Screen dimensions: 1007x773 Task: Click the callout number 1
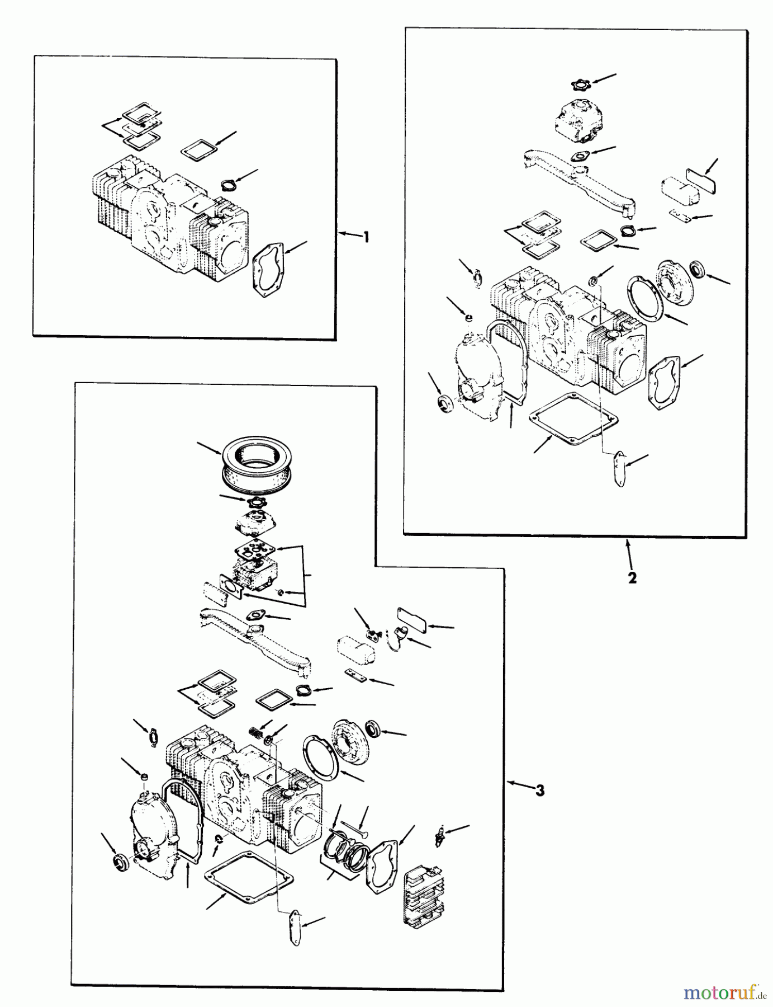pyautogui.click(x=366, y=237)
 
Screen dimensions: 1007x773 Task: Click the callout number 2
pyautogui.click(x=632, y=578)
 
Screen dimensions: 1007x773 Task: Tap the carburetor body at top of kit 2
pyautogui.click(x=577, y=119)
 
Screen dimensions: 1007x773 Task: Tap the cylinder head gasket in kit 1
pyautogui.click(x=268, y=270)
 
